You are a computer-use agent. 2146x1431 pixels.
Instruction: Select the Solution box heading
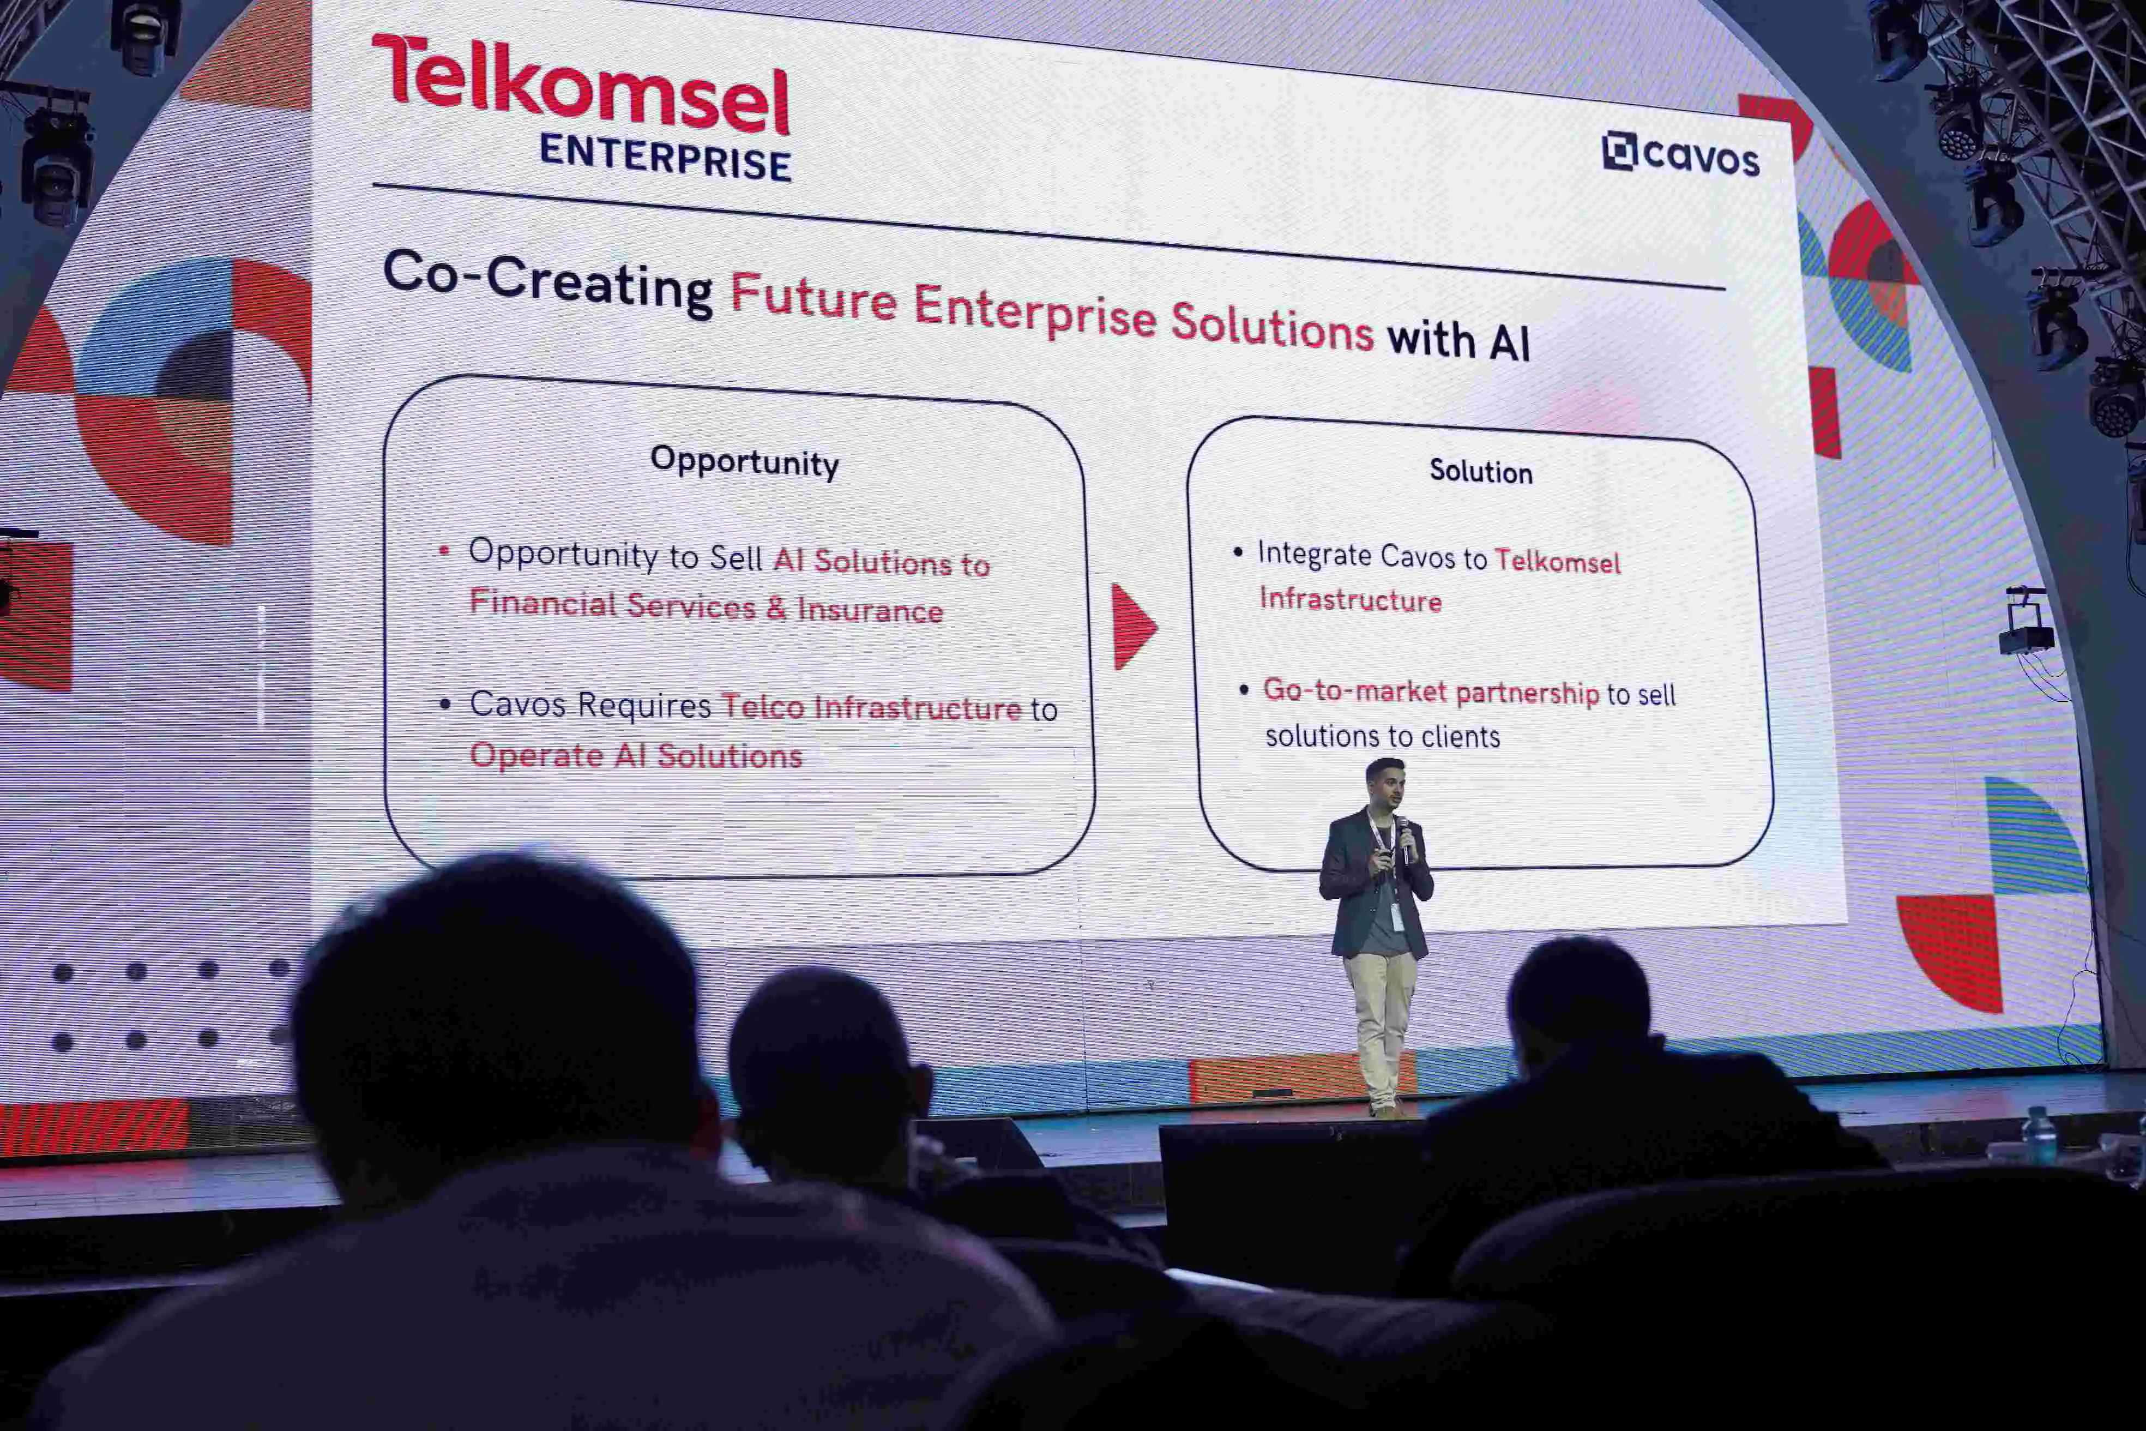[x=1480, y=472]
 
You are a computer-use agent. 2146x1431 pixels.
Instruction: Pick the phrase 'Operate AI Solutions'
[x=635, y=756]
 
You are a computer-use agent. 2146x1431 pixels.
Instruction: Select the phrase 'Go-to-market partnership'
[x=1431, y=692]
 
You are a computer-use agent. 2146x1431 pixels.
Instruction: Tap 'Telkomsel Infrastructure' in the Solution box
[x=1440, y=580]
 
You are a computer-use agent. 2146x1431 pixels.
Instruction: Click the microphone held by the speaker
[x=1404, y=835]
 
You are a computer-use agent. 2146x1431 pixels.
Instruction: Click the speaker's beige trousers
[x=1382, y=1022]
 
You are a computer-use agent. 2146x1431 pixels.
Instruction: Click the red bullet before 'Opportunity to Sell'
[x=444, y=550]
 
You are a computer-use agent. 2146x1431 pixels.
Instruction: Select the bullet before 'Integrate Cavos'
[x=1238, y=551]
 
